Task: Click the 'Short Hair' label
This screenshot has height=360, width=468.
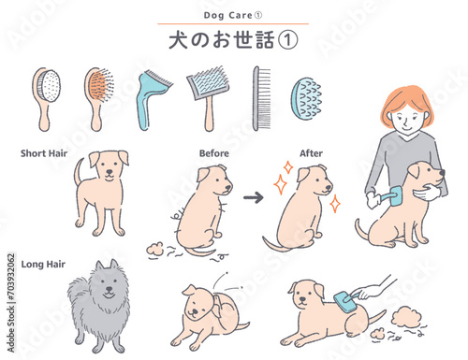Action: coord(44,153)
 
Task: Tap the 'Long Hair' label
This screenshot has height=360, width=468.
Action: coord(43,265)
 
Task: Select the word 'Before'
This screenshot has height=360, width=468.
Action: coord(214,153)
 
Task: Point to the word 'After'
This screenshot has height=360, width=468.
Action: coord(311,153)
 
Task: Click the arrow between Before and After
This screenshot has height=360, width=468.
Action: coord(254,197)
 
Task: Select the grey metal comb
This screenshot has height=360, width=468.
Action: coord(261,98)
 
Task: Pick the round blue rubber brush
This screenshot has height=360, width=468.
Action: coord(306,99)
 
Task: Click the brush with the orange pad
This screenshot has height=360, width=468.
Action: coord(98,98)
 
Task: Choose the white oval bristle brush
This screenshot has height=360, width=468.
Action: coord(47,99)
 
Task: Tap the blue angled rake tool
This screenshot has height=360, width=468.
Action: coord(152,99)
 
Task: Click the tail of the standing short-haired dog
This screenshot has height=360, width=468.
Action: coord(79,172)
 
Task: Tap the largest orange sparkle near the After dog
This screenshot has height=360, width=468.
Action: coord(280,184)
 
